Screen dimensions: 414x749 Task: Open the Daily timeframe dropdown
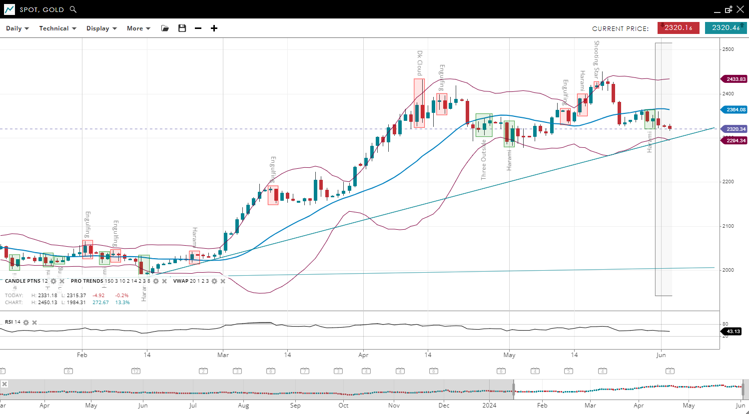coord(17,28)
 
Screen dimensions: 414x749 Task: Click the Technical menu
coord(57,28)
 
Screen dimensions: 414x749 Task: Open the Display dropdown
coord(101,28)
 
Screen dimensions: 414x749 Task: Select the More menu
coord(138,28)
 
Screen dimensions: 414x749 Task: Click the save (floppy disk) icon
coord(182,28)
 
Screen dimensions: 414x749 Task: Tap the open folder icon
coord(165,28)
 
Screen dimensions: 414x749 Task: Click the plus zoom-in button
coord(214,28)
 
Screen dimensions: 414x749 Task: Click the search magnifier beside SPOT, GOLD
coord(73,9)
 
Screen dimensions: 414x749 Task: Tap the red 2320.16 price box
coord(678,28)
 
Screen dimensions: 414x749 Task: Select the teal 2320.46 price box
coord(726,28)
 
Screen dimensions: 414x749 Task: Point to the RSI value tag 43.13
coord(733,332)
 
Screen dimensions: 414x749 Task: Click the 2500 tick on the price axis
coord(728,49)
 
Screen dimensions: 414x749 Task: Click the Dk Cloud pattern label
coord(420,63)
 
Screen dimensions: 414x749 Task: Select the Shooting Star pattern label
coord(596,59)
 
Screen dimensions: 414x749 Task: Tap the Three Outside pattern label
coord(484,160)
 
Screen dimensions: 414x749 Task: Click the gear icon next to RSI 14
coord(26,323)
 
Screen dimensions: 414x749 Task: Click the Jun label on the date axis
coord(661,355)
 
